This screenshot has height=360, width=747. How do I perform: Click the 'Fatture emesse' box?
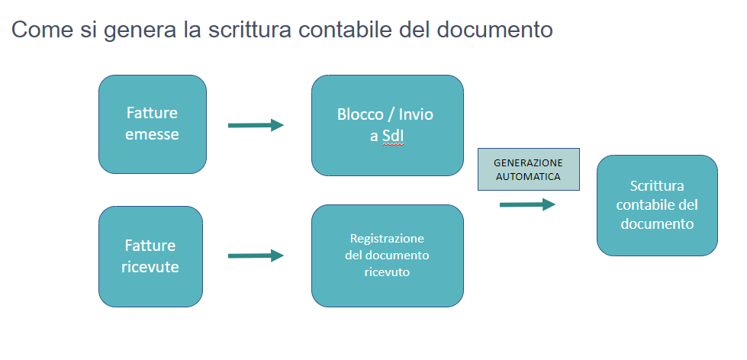[x=152, y=124]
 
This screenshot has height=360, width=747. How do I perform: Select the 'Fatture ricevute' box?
[x=150, y=256]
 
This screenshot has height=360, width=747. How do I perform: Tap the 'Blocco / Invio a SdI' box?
[x=387, y=125]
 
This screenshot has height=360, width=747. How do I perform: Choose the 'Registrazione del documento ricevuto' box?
[x=387, y=255]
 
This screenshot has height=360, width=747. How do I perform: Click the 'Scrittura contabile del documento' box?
[x=656, y=205]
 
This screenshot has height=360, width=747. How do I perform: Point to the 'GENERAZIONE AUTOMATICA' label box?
[x=528, y=169]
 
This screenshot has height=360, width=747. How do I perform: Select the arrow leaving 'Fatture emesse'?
[x=256, y=125]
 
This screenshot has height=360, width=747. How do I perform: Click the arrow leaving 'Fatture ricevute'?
[x=256, y=256]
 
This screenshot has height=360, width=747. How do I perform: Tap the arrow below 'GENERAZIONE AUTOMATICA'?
[x=527, y=204]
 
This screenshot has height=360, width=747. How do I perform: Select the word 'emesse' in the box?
[x=153, y=134]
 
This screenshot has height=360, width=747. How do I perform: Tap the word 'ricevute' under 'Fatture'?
[x=150, y=267]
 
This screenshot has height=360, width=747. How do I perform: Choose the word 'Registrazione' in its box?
[x=387, y=238]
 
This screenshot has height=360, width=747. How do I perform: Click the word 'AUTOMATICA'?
[x=528, y=176]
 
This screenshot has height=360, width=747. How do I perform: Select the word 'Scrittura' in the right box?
[x=656, y=186]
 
